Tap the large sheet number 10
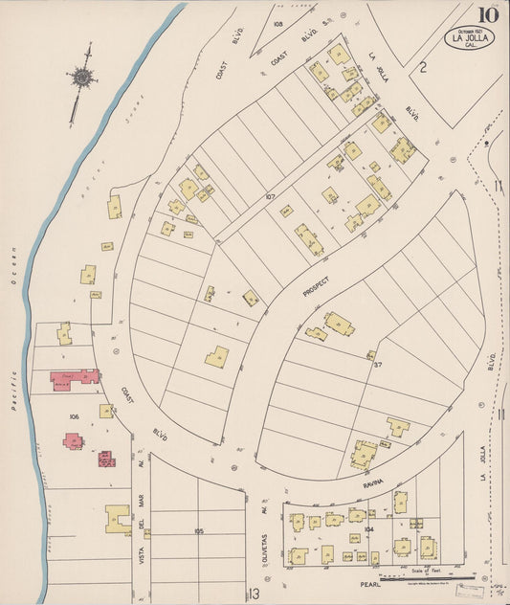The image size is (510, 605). (x=488, y=14)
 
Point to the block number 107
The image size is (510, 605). (x=270, y=198)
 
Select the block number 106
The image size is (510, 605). (x=74, y=417)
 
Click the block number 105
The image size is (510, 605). (x=199, y=530)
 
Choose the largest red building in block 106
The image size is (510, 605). (x=75, y=378)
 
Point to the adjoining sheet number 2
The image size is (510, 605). (x=421, y=66)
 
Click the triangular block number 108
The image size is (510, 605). (x=278, y=22)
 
